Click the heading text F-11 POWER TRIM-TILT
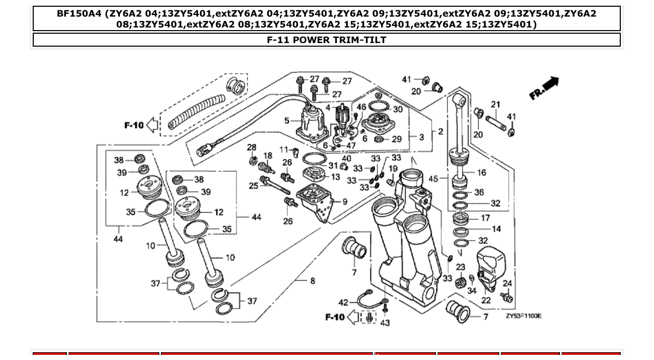click(x=326, y=40)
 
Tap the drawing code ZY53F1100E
click(x=523, y=315)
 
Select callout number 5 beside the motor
click(x=287, y=121)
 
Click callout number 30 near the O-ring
click(x=398, y=109)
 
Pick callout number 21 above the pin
click(x=496, y=105)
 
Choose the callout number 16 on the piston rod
click(x=482, y=173)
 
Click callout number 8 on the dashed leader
click(x=312, y=281)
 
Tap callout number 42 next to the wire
click(x=344, y=302)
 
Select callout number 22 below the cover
click(x=486, y=300)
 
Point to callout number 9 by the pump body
click(x=345, y=201)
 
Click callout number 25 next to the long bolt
click(x=253, y=185)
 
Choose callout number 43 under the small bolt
click(x=385, y=323)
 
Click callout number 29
click(x=397, y=139)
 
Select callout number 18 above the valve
click(x=268, y=156)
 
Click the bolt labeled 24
click(x=505, y=297)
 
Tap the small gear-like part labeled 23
click(x=459, y=283)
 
